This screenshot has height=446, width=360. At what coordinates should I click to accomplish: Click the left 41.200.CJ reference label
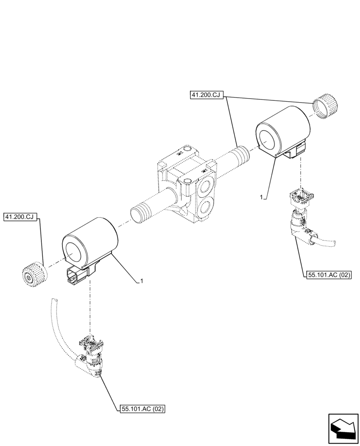pos(21,217)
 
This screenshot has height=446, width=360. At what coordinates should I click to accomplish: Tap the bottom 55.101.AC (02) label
pos(143,409)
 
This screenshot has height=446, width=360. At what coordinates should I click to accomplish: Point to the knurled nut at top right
pos(325,107)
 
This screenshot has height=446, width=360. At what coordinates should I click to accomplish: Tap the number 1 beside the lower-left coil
pos(141,281)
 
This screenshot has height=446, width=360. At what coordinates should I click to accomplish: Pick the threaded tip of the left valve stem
pos(139,213)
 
